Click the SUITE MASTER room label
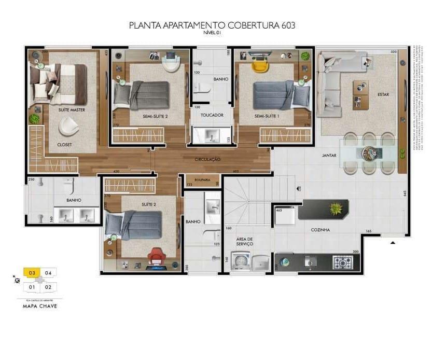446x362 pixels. (72, 110)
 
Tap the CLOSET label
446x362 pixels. (65, 145)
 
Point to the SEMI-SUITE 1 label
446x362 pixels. (267, 117)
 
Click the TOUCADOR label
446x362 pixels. (212, 115)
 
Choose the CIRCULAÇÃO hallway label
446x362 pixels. (207, 159)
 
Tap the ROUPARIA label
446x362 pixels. (202, 180)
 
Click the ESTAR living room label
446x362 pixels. (383, 94)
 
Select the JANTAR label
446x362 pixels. (329, 155)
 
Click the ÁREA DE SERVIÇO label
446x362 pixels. (245, 241)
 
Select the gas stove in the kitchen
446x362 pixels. (342, 262)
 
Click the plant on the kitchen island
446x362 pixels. (337, 209)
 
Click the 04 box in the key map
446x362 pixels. (48, 272)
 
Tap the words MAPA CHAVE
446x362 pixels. (40, 306)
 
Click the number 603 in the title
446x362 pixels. (286, 25)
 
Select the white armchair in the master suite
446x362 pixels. (68, 126)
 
